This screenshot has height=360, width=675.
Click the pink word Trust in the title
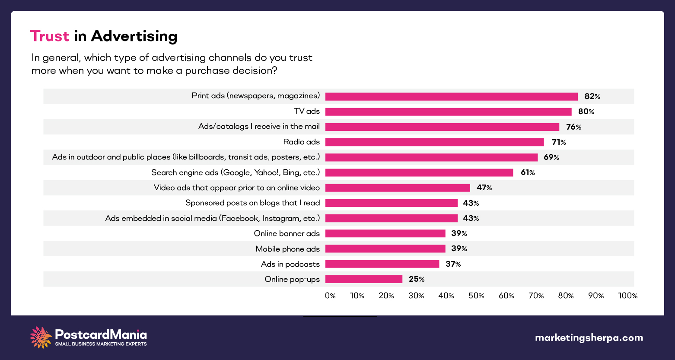pyautogui.click(x=49, y=36)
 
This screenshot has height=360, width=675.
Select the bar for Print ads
pyautogui.click(x=451, y=96)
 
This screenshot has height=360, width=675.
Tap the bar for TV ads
pyautogui.click(x=448, y=112)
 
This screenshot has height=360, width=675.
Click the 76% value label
pyautogui.click(x=573, y=127)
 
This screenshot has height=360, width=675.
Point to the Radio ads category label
pyautogui.click(x=301, y=142)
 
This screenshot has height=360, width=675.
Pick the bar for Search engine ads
pyautogui.click(x=419, y=172)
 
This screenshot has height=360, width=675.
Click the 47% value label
pyautogui.click(x=484, y=188)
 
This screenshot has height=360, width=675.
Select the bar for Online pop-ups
pyautogui.click(x=363, y=279)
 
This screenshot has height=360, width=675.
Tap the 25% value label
pyautogui.click(x=417, y=279)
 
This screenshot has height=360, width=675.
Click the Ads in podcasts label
pyautogui.click(x=290, y=264)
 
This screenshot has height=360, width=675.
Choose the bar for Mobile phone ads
pyautogui.click(x=385, y=248)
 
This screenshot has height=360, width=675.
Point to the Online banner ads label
pyautogui.click(x=287, y=233)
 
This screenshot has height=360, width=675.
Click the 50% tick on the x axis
pyautogui.click(x=476, y=296)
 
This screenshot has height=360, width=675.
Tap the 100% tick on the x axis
pyautogui.click(x=627, y=296)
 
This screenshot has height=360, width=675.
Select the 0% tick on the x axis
pyautogui.click(x=330, y=296)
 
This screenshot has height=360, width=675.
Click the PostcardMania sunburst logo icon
pyautogui.click(x=41, y=337)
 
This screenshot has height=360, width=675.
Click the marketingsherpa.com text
pyautogui.click(x=589, y=338)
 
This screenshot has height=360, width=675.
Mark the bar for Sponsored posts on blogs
pyautogui.click(x=391, y=203)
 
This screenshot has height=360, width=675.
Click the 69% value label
pyautogui.click(x=551, y=157)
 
